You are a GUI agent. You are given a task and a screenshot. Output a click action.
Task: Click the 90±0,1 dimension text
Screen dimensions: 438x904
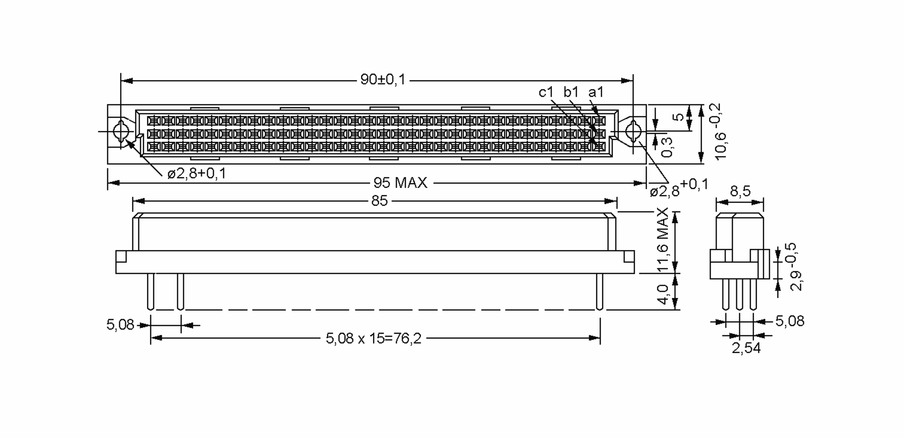tap(383, 80)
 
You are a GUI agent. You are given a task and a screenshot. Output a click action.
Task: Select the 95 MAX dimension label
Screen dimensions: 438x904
tap(400, 183)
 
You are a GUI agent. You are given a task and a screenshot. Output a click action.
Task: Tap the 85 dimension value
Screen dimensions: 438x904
tap(379, 201)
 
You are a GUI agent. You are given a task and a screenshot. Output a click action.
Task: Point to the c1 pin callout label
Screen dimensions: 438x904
tap(545, 92)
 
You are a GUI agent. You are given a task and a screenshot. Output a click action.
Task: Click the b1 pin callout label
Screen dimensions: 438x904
tap(571, 92)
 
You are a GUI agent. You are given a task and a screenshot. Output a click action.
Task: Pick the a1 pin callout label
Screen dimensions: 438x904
tap(596, 92)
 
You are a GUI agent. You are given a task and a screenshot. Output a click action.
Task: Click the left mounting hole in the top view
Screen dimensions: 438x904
tap(121, 132)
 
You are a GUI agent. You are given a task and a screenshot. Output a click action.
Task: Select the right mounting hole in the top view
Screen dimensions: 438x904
tap(633, 132)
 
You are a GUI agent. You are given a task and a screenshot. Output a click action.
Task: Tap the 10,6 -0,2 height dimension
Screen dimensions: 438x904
tap(719, 132)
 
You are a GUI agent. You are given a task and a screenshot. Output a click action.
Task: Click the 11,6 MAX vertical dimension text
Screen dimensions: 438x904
tap(663, 240)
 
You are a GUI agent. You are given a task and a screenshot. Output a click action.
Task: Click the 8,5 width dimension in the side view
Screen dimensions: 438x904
tap(740, 191)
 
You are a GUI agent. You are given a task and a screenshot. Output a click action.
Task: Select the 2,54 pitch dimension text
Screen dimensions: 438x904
tap(746, 348)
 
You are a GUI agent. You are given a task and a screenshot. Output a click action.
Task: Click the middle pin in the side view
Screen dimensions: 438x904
tap(739, 294)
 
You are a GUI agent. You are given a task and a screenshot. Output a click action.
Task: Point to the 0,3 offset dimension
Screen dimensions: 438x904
tap(667, 147)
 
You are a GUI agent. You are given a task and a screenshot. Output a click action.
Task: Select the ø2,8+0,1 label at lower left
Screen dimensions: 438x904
tap(197, 174)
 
